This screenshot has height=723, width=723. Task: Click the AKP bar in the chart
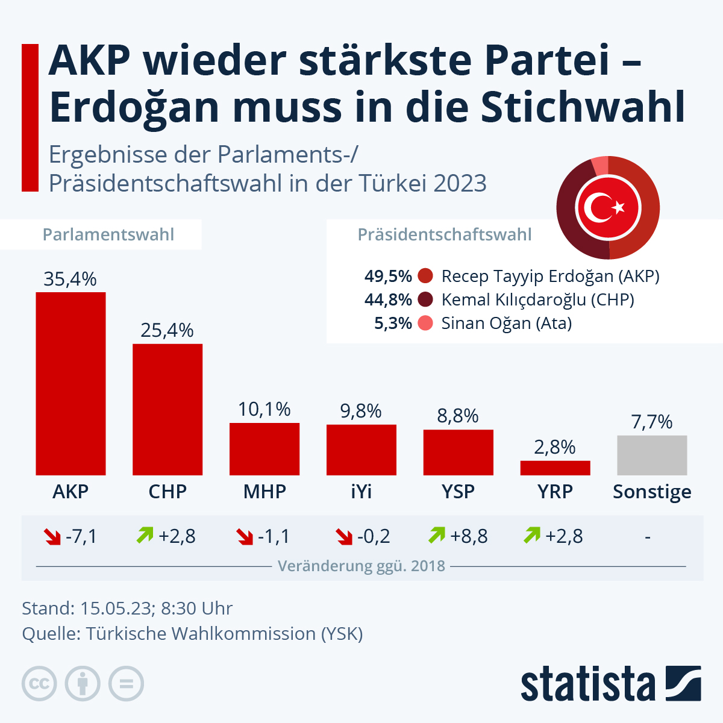(70, 383)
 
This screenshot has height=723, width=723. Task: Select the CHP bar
(167, 409)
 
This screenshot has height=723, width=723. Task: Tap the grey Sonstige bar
(652, 455)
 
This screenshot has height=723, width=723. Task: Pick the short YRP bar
(555, 468)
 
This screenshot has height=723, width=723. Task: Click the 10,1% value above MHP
(264, 410)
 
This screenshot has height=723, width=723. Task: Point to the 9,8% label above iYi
(361, 412)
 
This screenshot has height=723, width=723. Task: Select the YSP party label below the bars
(458, 492)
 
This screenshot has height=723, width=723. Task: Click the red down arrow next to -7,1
(52, 536)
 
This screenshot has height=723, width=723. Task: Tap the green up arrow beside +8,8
(437, 535)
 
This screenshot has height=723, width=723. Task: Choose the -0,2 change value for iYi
(374, 536)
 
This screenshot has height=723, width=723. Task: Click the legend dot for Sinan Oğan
(425, 324)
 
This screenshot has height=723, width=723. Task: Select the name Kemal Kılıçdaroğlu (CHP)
(537, 299)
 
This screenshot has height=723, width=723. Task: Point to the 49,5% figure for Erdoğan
(388, 277)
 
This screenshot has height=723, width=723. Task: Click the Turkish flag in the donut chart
(608, 208)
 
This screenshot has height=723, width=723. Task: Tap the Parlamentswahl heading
(108, 234)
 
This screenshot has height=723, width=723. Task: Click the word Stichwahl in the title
(583, 107)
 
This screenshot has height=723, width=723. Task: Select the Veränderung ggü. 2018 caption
(361, 566)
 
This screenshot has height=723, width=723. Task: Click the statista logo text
(587, 684)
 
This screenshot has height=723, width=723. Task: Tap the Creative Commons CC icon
(39, 684)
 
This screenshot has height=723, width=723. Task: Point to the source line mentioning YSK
(192, 634)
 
